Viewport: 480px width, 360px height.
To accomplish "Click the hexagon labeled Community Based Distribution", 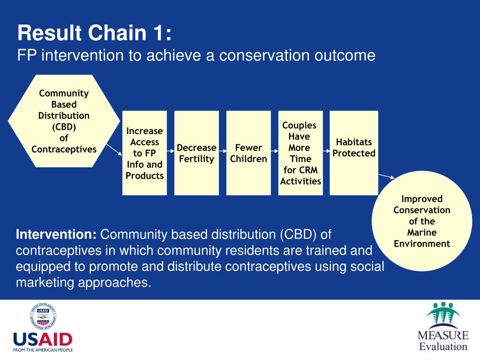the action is (64, 121).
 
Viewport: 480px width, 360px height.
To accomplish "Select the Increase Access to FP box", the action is (144, 153).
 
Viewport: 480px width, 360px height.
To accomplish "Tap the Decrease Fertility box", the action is (196, 153).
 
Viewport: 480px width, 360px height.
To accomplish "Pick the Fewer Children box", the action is (248, 153).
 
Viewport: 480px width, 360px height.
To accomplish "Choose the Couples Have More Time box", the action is (300, 153).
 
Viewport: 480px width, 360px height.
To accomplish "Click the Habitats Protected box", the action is (354, 153).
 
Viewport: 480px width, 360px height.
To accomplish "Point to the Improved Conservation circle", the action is (422, 221).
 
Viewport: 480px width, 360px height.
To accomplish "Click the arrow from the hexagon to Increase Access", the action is (114, 150).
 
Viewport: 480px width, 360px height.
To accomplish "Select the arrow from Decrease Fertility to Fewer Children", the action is (223, 151).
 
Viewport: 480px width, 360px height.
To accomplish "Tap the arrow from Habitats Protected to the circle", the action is (387, 176).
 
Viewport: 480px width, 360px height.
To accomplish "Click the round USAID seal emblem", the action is (43, 316).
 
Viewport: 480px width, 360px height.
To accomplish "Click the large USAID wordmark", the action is (43, 339).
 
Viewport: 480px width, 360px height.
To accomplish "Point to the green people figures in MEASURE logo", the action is (443, 313).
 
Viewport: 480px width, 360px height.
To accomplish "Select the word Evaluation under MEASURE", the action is (443, 346).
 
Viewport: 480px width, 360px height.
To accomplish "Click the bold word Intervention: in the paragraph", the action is (56, 234).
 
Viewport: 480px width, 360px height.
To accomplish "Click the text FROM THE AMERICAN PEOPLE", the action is (43, 350).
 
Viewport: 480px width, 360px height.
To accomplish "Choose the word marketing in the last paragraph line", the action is (45, 283).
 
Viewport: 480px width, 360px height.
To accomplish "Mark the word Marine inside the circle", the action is (422, 232).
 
